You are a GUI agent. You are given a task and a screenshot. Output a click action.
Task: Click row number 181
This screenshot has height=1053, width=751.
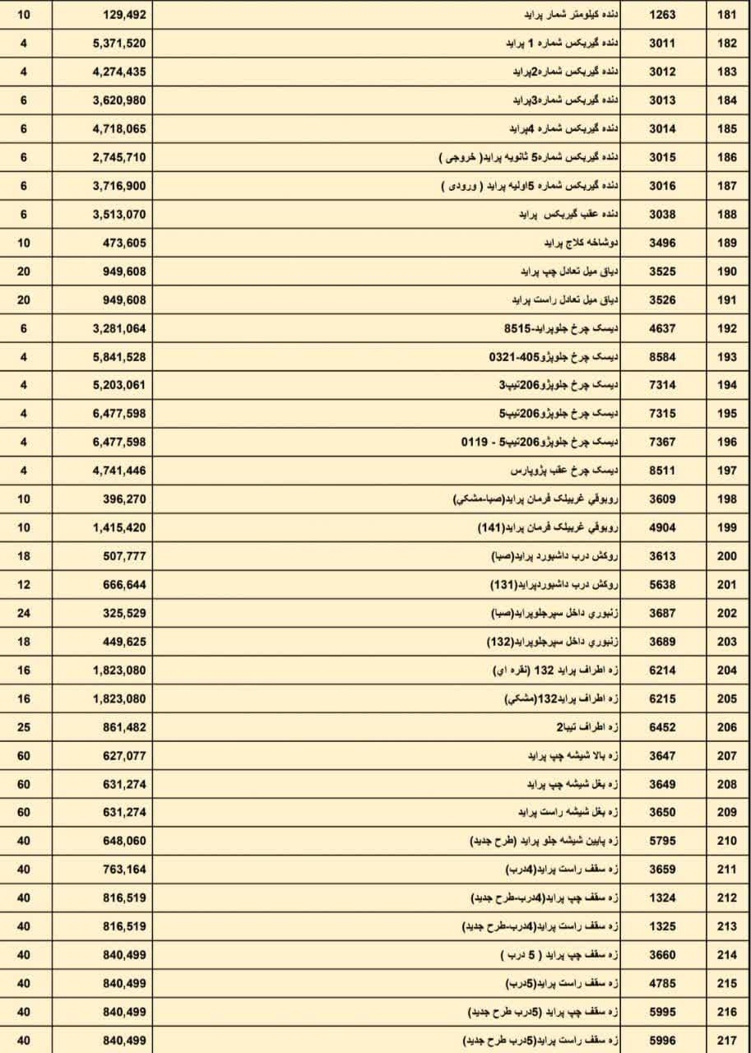726,15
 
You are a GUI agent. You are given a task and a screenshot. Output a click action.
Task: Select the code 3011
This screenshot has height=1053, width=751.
662,43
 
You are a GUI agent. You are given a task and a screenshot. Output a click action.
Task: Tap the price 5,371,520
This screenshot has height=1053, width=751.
119,43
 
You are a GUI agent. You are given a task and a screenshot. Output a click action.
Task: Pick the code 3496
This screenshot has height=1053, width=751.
662,243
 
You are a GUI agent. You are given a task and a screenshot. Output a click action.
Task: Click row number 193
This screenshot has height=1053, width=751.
726,357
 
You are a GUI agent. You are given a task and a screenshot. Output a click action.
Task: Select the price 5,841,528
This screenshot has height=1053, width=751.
119,357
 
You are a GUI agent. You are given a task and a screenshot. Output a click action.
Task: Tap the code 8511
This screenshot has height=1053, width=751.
662,471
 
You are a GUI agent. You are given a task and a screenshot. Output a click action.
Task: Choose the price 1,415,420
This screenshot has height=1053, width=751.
119,527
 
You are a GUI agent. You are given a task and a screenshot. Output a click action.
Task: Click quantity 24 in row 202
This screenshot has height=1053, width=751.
24,613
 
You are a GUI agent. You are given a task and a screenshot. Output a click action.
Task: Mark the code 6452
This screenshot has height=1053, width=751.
662,727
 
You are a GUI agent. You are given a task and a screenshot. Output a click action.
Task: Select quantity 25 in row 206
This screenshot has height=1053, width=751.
24,727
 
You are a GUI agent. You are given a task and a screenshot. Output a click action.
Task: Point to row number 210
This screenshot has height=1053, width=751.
726,841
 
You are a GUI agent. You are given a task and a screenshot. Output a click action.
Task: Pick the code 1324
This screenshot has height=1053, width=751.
662,898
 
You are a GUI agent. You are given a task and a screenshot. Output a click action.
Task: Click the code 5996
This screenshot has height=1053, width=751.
662,1040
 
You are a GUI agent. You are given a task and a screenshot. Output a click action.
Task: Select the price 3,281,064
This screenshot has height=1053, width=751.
119,328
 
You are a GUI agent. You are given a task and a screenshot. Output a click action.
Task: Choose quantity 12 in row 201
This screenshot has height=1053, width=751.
24,585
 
